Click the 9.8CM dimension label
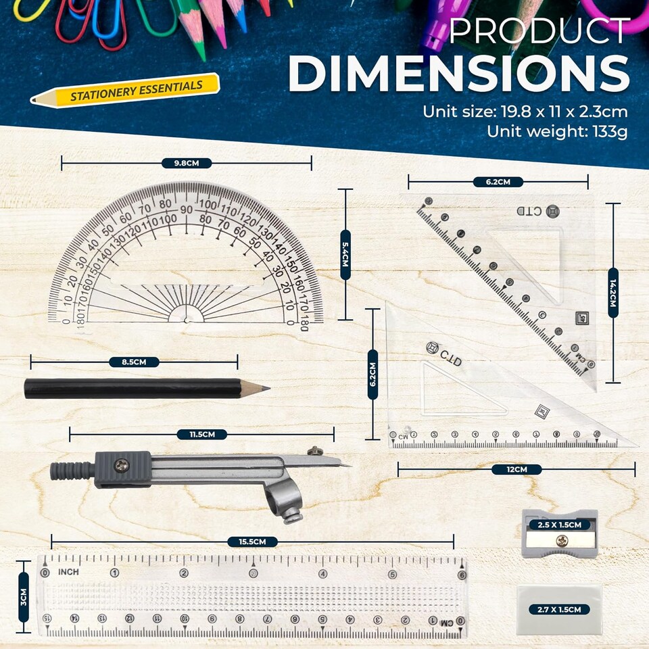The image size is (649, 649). [187, 163]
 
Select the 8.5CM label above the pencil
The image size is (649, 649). [134, 362]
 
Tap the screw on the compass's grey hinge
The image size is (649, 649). [122, 464]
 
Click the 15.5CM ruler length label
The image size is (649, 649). [252, 542]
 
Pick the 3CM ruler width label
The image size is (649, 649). [24, 597]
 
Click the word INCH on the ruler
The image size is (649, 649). [68, 572]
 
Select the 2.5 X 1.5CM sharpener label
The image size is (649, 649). [559, 525]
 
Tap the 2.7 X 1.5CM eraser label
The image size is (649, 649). [559, 609]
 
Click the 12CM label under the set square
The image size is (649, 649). [516, 469]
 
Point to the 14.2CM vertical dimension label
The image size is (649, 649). [613, 293]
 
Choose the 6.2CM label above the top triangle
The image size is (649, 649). [498, 182]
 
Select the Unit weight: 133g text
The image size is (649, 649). [557, 131]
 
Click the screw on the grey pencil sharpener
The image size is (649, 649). [560, 540]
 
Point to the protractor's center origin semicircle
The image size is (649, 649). [186, 314]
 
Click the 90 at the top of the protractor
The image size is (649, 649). [187, 209]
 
